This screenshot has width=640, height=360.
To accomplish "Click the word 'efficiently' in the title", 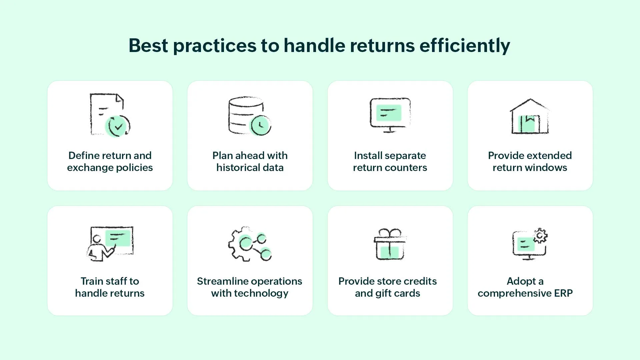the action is pyautogui.click(x=465, y=46).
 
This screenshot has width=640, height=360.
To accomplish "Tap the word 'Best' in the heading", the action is pyautogui.click(x=148, y=45).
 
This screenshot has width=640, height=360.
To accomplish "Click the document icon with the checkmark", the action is pyautogui.click(x=110, y=115).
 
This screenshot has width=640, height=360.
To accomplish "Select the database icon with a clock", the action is pyautogui.click(x=250, y=116).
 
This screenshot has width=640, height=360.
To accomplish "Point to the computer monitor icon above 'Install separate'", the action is pyautogui.click(x=390, y=115).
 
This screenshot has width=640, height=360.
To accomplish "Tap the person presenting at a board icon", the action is pyautogui.click(x=110, y=244).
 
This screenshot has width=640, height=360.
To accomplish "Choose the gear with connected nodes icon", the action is pyautogui.click(x=250, y=244).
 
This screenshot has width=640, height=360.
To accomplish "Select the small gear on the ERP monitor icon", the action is pyautogui.click(x=540, y=236).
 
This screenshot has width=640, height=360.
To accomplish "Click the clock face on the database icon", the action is pyautogui.click(x=261, y=125).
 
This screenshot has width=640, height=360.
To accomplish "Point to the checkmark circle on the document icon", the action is pyautogui.click(x=118, y=126).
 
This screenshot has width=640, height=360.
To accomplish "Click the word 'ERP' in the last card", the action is pyautogui.click(x=563, y=293).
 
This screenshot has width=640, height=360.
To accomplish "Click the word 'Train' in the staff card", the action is pyautogui.click(x=92, y=281).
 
